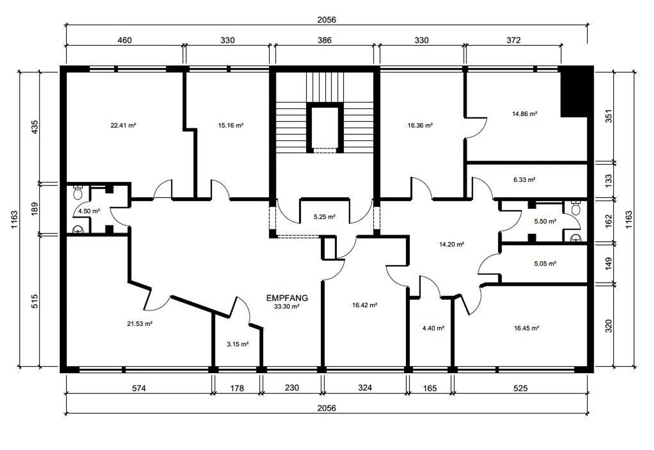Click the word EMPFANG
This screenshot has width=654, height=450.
coord(287,298)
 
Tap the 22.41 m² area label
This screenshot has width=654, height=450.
coord(123,125)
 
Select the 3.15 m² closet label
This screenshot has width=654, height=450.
coord(238,344)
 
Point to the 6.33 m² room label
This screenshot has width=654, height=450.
coord(525,180)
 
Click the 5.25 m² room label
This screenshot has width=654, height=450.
coord(324,217)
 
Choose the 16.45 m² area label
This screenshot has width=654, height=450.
coord(526,328)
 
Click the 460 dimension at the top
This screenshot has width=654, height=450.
coord(124,40)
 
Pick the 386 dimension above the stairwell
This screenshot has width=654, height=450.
coord(324,40)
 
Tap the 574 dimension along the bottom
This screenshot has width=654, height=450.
coord(139,388)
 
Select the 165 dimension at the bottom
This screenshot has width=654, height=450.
coord(430,388)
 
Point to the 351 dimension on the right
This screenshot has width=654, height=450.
coord(609,116)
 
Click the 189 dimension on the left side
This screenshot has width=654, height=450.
coord(35,209)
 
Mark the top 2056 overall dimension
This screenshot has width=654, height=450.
coord(327,20)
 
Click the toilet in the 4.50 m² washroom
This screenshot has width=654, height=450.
coord(78,193)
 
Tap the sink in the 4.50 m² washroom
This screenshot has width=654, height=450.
coord(78,229)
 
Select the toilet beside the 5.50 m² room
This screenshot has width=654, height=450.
coord(575,208)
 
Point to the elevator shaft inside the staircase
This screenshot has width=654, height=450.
coord(325,128)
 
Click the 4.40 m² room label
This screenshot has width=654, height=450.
coord(433,328)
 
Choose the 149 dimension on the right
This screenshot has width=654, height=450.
coord(609,263)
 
